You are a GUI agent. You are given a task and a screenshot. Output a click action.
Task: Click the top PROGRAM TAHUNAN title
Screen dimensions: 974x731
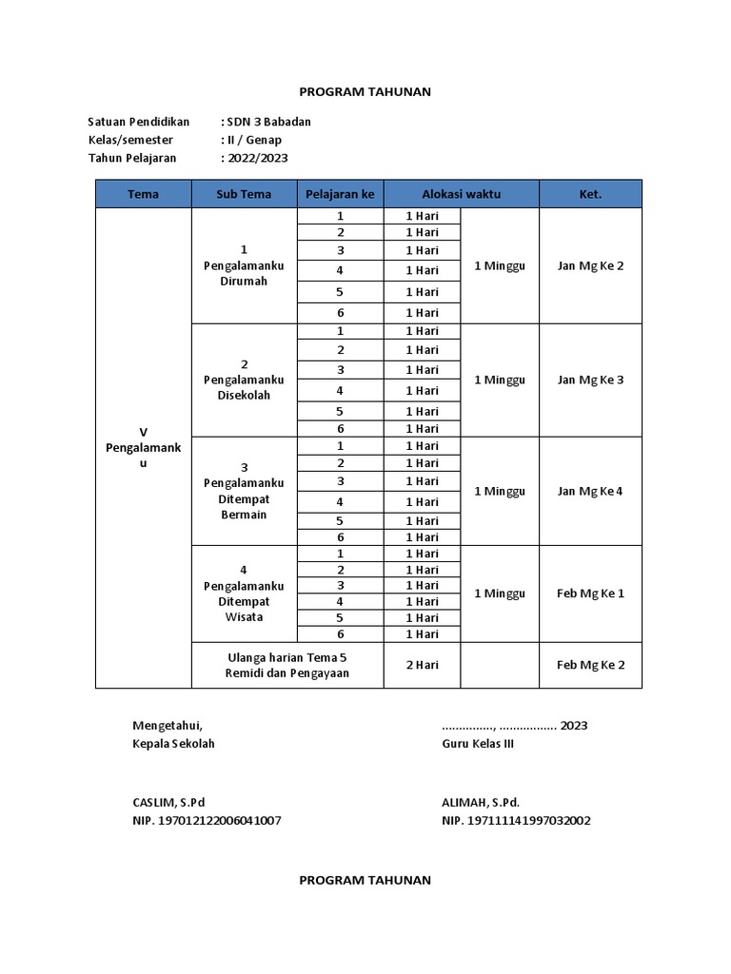coord(365,91)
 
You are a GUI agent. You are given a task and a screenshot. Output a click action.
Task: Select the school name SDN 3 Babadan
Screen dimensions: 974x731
coord(267,122)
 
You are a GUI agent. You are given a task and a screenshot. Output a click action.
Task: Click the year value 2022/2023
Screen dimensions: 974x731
coord(256,158)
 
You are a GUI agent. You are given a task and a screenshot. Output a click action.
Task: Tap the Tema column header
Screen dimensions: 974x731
coord(143,194)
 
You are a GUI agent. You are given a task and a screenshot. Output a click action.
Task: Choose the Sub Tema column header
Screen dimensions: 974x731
coord(244,194)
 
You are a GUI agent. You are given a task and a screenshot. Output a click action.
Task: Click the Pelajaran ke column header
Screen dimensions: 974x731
coord(340,194)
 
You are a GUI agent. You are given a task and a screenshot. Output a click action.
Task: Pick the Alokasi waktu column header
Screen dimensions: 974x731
coord(461,194)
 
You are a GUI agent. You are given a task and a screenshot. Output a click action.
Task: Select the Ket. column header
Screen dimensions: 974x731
coord(590,194)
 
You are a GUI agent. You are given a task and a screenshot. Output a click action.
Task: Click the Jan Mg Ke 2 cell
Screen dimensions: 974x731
coord(590,265)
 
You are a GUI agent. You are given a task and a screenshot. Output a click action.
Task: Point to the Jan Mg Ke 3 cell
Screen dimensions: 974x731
coord(590,380)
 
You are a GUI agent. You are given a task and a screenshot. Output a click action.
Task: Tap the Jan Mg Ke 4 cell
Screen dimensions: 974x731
coord(590,491)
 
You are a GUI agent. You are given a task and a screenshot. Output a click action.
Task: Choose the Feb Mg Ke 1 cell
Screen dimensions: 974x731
coord(590,593)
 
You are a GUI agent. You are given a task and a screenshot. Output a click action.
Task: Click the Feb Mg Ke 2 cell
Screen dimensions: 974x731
coord(590,665)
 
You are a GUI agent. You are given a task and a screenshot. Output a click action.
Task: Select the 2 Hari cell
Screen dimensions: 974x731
coord(422,665)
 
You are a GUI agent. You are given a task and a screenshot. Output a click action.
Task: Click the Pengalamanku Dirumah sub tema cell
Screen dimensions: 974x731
coord(244,265)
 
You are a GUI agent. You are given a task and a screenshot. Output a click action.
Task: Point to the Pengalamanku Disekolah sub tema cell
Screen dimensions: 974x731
coord(244,380)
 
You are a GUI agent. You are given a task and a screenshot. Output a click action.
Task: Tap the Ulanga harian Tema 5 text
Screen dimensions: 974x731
coord(287,657)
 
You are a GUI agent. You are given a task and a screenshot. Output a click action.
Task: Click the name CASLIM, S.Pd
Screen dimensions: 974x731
coord(168,802)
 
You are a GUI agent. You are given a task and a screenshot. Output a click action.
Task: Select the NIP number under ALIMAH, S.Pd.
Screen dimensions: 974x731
coord(516,820)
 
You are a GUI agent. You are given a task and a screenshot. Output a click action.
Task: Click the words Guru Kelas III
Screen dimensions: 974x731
coord(478,743)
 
